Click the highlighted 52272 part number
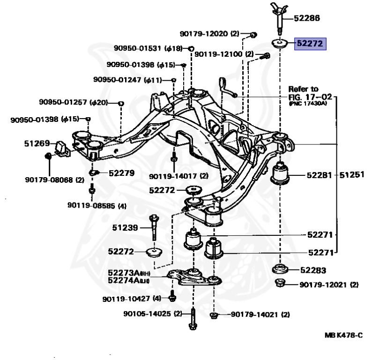tap(310, 44)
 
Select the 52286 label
tap(307, 18)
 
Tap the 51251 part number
tap(352, 175)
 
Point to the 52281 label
tap(319, 175)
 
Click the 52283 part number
tap(313, 270)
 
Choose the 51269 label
tap(37, 143)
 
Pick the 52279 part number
tap(121, 173)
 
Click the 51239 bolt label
tap(125, 228)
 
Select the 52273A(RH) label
tap(129, 273)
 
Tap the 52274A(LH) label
tap(128, 280)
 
